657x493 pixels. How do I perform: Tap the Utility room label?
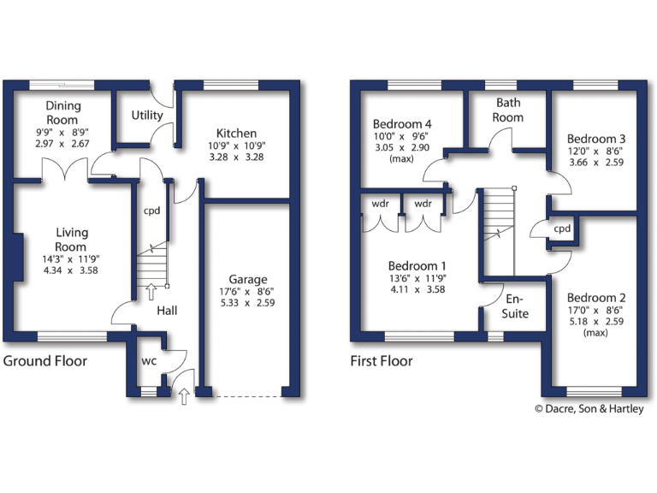(147, 116)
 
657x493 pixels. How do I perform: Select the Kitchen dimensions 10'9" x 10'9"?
(236, 146)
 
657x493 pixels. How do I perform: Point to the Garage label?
(248, 279)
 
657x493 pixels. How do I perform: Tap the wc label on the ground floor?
(149, 361)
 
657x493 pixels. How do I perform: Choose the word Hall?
(167, 310)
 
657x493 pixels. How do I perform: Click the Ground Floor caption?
(44, 361)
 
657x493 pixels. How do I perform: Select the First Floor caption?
(382, 361)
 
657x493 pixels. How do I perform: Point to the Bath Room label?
(507, 110)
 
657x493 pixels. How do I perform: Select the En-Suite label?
(516, 306)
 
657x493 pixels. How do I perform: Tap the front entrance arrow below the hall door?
(185, 395)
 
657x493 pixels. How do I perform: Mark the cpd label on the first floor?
(562, 229)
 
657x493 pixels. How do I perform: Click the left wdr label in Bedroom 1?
(381, 205)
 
